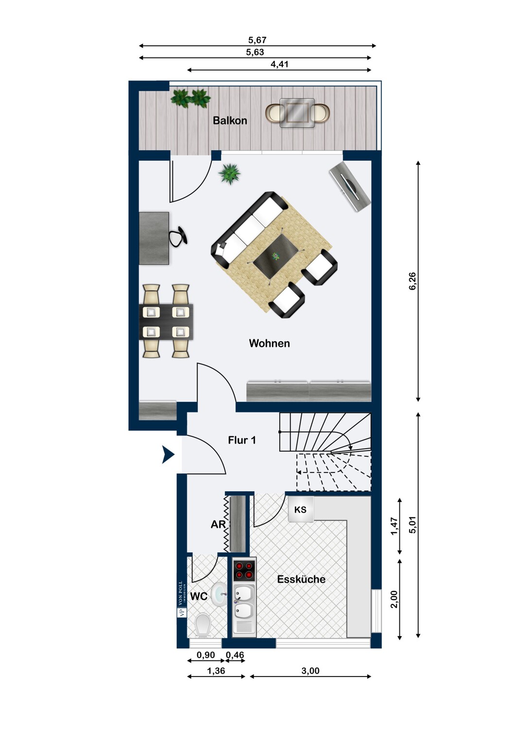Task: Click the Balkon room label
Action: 230,121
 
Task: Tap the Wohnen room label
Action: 269,343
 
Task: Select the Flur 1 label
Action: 242,440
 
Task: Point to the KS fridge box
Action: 301,510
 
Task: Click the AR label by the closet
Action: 218,524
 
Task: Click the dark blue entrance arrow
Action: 169,454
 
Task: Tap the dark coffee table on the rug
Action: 276,256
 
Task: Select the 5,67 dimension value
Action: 257,40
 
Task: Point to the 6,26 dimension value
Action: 412,281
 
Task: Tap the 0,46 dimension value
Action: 235,655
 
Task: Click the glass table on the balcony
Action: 297,113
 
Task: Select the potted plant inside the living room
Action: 230,174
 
